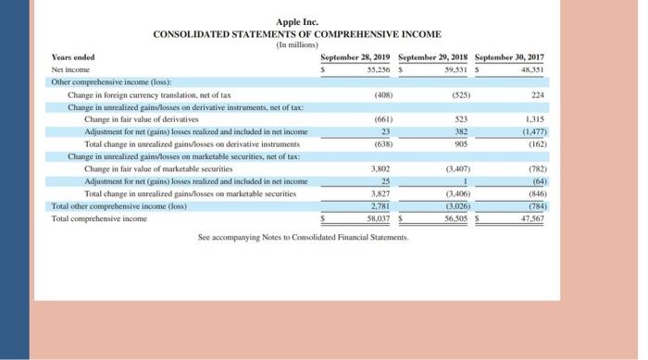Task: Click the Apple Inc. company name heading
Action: [297, 22]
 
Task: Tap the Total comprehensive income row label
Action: [100, 218]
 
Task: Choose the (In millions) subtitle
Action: [297, 44]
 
